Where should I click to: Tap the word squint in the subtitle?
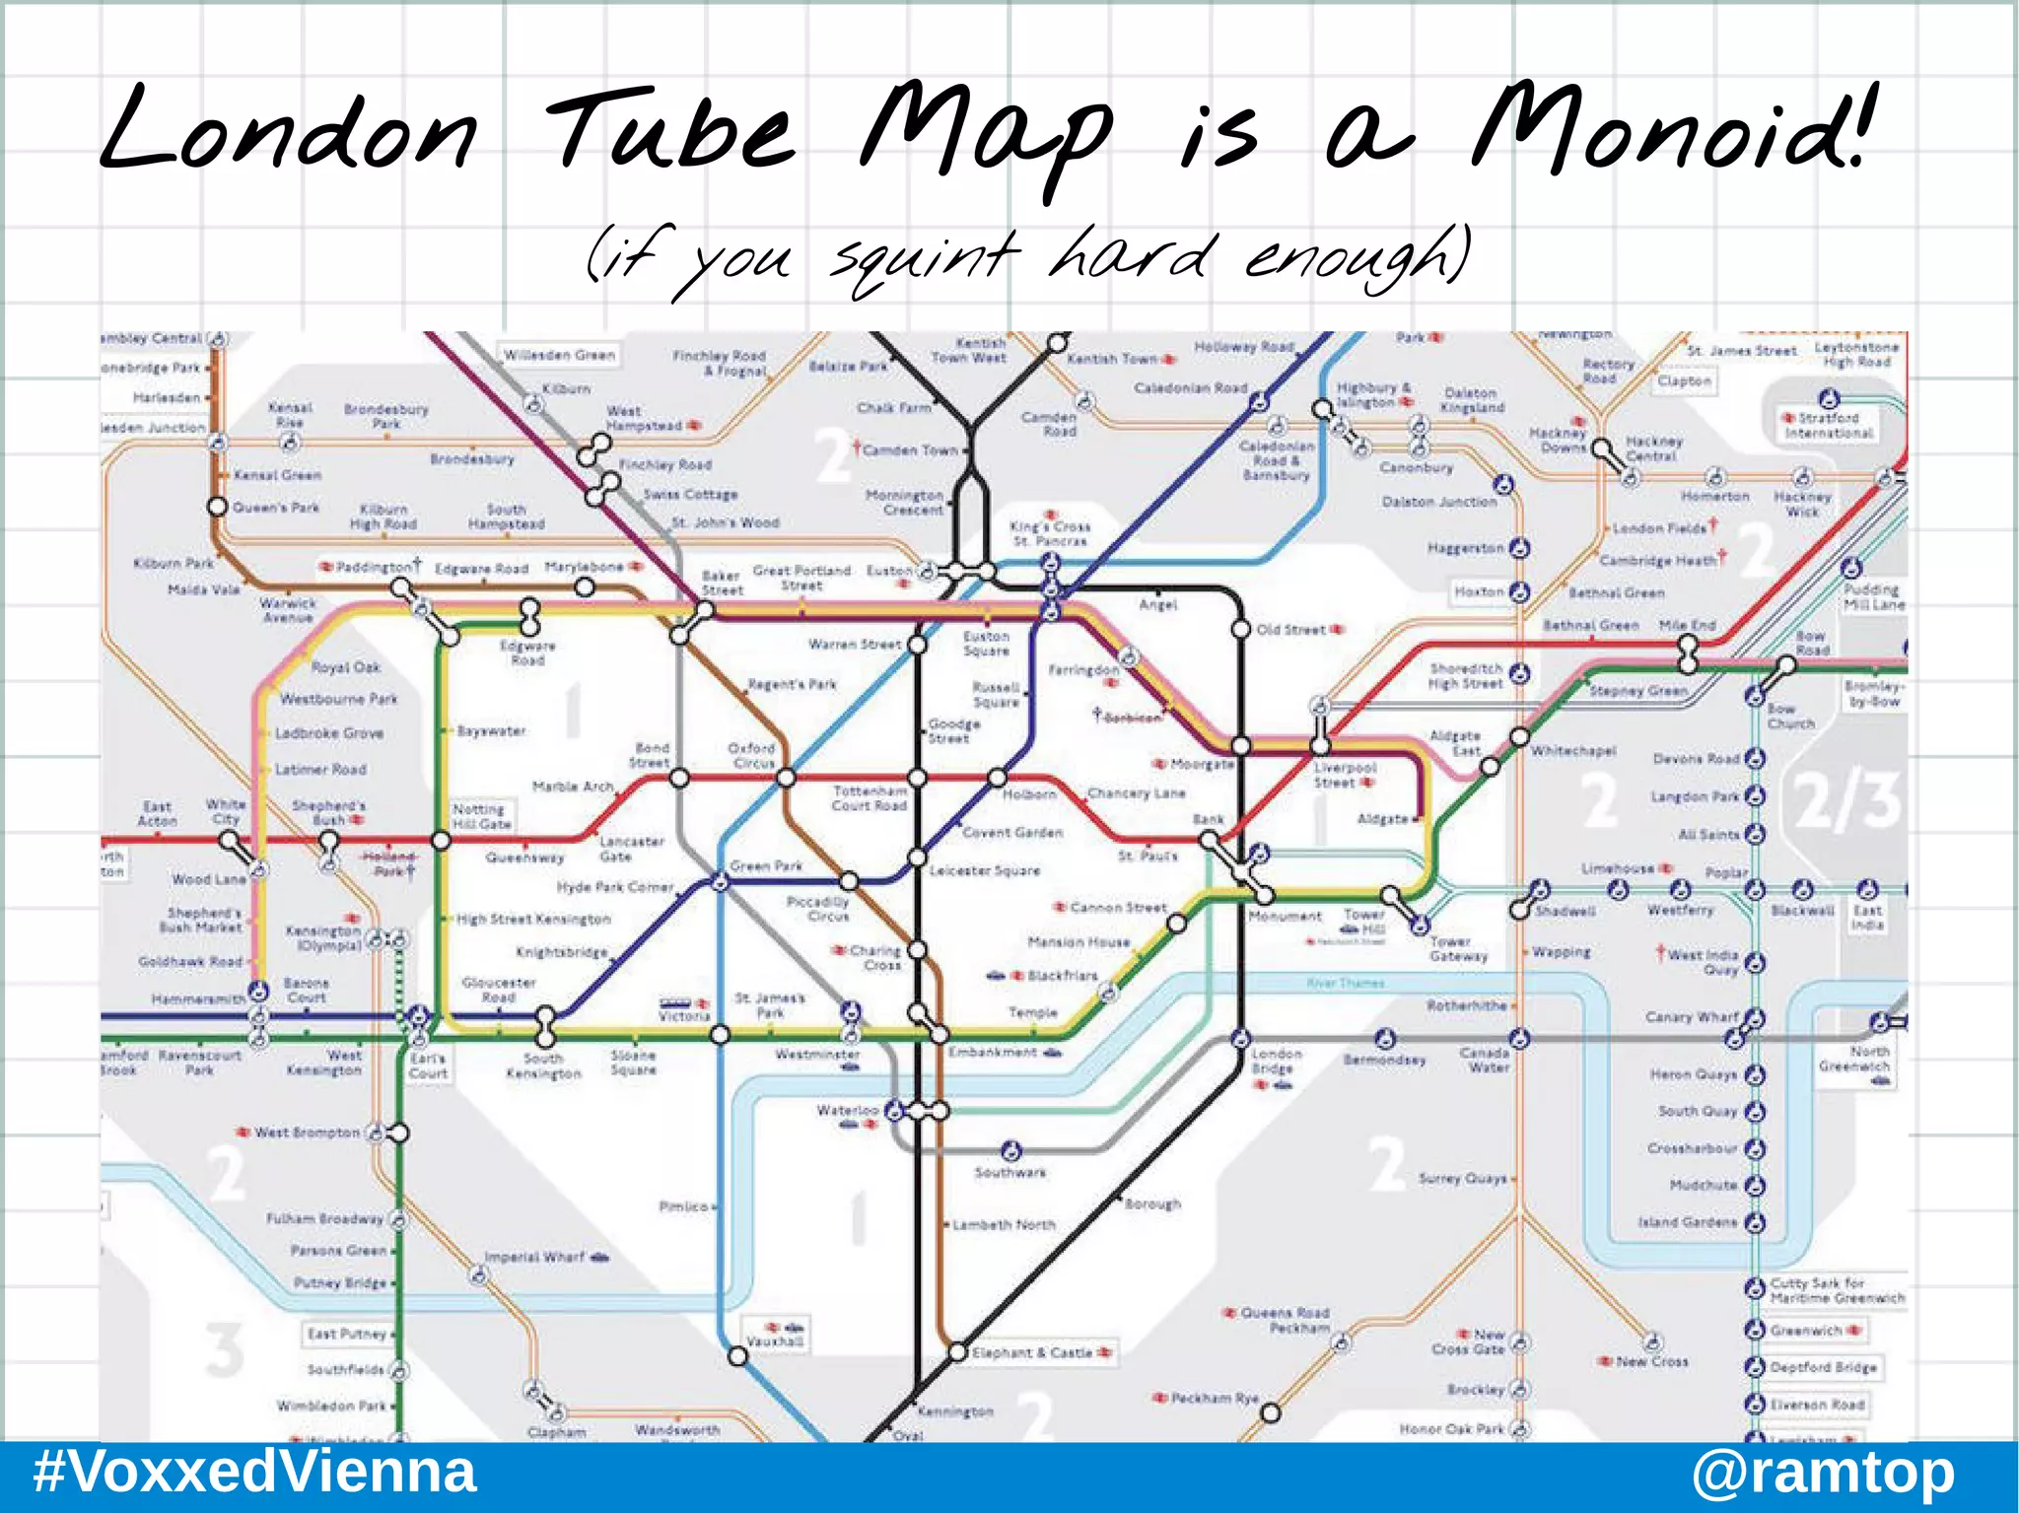pyautogui.click(x=922, y=258)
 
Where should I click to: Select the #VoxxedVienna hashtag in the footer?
pyautogui.click(x=254, y=1473)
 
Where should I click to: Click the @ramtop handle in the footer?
pyautogui.click(x=1823, y=1473)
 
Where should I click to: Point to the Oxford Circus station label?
pyautogui.click(x=751, y=755)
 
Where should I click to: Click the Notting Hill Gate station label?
pyautogui.click(x=481, y=816)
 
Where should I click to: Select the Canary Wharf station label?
pyautogui.click(x=1691, y=1016)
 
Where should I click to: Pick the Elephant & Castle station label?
pyautogui.click(x=1033, y=1353)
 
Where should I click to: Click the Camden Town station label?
pyautogui.click(x=910, y=450)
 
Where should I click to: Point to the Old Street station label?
pyautogui.click(x=1290, y=630)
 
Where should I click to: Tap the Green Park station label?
pyautogui.click(x=766, y=866)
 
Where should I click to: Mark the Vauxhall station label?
pyautogui.click(x=775, y=1341)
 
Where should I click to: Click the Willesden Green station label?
pyautogui.click(x=559, y=355)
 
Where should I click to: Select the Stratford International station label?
pyautogui.click(x=1829, y=425)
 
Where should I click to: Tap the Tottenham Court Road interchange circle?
pyautogui.click(x=917, y=779)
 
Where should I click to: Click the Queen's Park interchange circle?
pyautogui.click(x=217, y=507)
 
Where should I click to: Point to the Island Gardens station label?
pyautogui.click(x=1688, y=1222)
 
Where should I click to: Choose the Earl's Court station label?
pyautogui.click(x=428, y=1066)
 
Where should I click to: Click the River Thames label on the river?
pyautogui.click(x=1345, y=983)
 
